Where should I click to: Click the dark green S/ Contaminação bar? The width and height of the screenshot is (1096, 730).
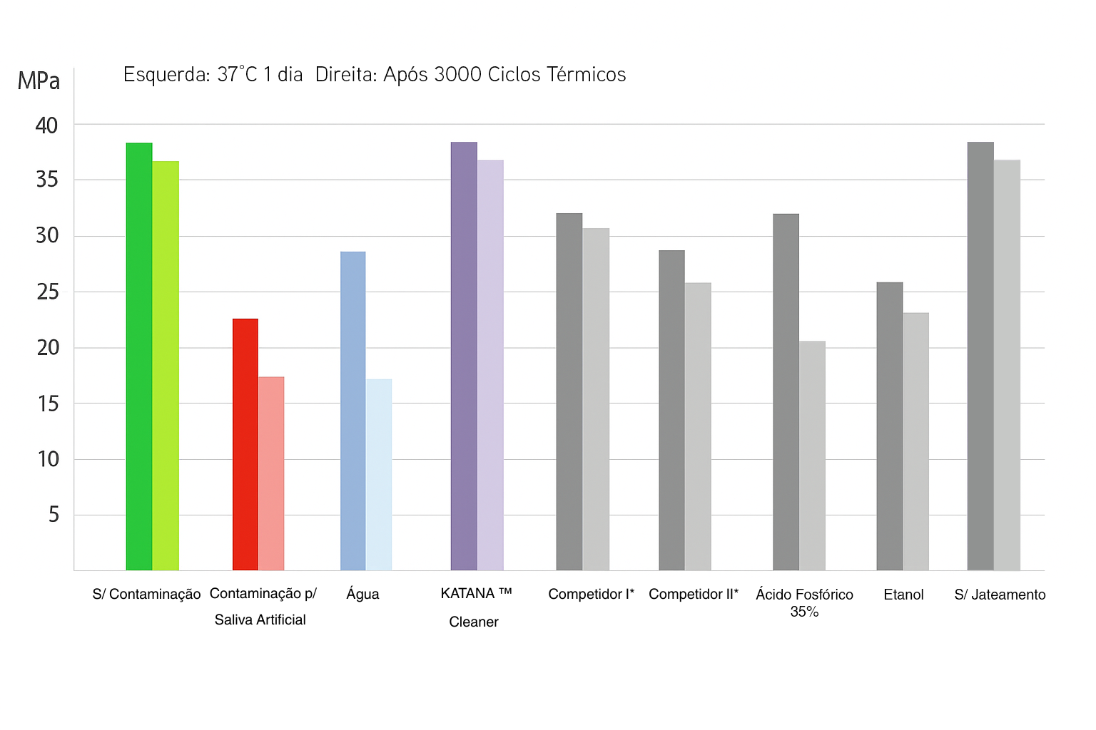coord(139,356)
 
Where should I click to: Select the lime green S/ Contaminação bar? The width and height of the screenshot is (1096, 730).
coord(166,365)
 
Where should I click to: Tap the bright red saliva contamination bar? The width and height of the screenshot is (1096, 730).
coord(245,444)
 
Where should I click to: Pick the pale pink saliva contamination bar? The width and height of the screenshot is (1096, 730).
coord(271,473)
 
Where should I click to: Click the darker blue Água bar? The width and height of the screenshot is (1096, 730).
coord(352,411)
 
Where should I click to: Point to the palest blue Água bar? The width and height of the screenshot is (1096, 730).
coord(379,475)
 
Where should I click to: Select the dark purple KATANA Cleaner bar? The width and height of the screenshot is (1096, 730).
coord(464,356)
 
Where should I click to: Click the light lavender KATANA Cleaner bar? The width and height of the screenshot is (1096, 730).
coord(490,365)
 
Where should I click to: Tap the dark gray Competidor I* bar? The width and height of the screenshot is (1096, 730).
coord(569,392)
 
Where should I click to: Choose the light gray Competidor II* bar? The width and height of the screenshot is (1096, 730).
coord(698,426)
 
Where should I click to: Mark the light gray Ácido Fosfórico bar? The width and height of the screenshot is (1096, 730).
coord(812,456)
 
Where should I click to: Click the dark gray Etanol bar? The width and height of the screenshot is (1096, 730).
coord(890,426)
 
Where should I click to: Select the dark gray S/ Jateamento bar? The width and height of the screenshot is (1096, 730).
coord(980,356)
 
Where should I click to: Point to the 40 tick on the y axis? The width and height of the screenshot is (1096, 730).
coord(47,125)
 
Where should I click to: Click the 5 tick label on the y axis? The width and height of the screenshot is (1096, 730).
coord(54,514)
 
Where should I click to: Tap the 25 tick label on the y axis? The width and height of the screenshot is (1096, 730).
coord(47,292)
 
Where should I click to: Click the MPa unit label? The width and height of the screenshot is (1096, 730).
coord(39,81)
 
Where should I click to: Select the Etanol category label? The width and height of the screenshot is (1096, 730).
coord(903,595)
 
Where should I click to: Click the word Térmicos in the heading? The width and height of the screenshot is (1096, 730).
coord(587,74)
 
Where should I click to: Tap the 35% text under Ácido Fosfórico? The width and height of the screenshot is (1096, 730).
coord(804,612)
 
